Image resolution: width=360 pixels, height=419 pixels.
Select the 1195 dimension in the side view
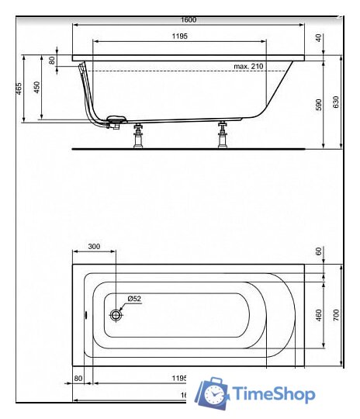[179, 36]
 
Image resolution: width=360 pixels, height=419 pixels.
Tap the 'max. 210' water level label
[248, 67]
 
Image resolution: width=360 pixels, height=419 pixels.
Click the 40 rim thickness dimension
[318, 37]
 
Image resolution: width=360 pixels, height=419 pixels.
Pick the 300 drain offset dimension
[94, 247]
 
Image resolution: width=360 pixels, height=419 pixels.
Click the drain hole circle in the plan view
[116, 314]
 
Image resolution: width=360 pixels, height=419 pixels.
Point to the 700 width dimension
[337, 314]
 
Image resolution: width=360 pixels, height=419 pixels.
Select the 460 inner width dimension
[318, 314]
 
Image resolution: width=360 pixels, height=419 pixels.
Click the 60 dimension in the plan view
[318, 251]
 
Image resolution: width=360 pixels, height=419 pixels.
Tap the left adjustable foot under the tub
[140, 135]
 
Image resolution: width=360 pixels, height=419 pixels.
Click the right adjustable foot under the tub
[222, 135]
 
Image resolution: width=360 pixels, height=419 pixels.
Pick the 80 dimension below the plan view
[78, 378]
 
